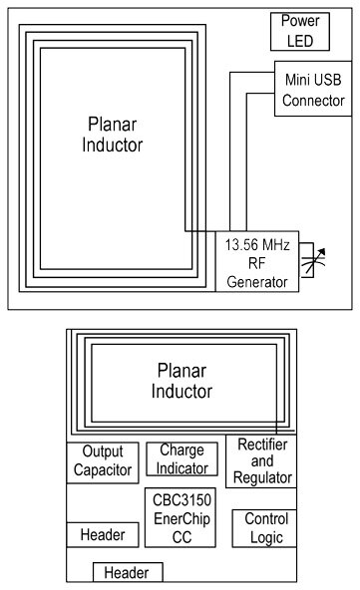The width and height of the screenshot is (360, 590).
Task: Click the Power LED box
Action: [298, 30]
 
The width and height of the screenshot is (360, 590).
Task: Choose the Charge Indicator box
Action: [182, 459]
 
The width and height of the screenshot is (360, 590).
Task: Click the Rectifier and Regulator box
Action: [262, 460]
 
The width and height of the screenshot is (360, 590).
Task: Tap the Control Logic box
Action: [264, 528]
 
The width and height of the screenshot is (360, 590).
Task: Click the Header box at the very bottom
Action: [128, 572]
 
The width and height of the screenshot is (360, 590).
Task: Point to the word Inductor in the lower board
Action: [181, 392]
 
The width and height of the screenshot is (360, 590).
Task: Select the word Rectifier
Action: [262, 445]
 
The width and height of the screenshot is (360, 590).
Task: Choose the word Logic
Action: [264, 537]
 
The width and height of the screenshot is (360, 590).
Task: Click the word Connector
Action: [313, 100]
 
